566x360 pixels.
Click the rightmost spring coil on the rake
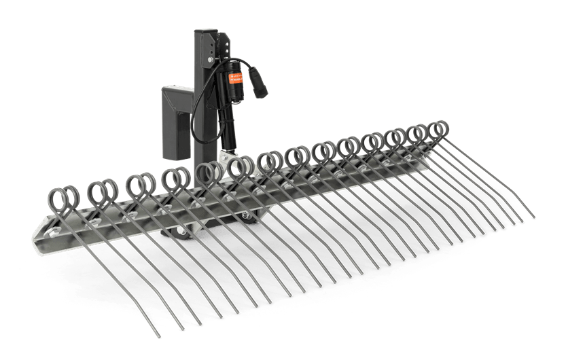(x=438, y=130)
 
